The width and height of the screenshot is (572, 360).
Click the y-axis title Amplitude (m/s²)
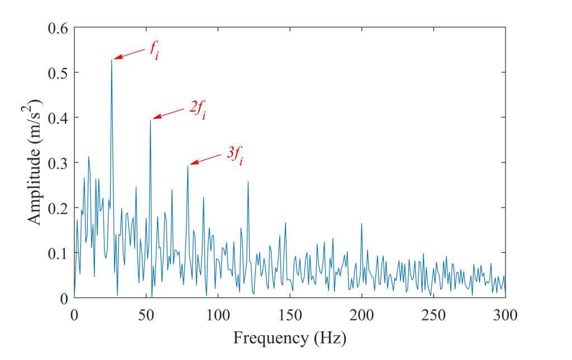pos(35,162)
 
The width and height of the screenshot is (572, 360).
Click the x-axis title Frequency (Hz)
pos(289,338)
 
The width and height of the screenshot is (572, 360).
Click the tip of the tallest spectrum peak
pos(112,60)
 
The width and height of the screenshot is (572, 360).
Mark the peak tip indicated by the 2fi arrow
pos(150,119)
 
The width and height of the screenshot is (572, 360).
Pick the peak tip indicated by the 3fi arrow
pos(188,165)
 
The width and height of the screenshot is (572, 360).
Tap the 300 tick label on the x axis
pos(506,315)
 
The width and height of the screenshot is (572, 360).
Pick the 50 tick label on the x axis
pos(146,315)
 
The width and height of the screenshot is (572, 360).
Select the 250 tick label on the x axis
pos(433,315)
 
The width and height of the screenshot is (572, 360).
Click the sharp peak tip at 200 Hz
pos(361,223)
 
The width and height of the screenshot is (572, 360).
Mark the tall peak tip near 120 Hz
pos(247,182)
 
